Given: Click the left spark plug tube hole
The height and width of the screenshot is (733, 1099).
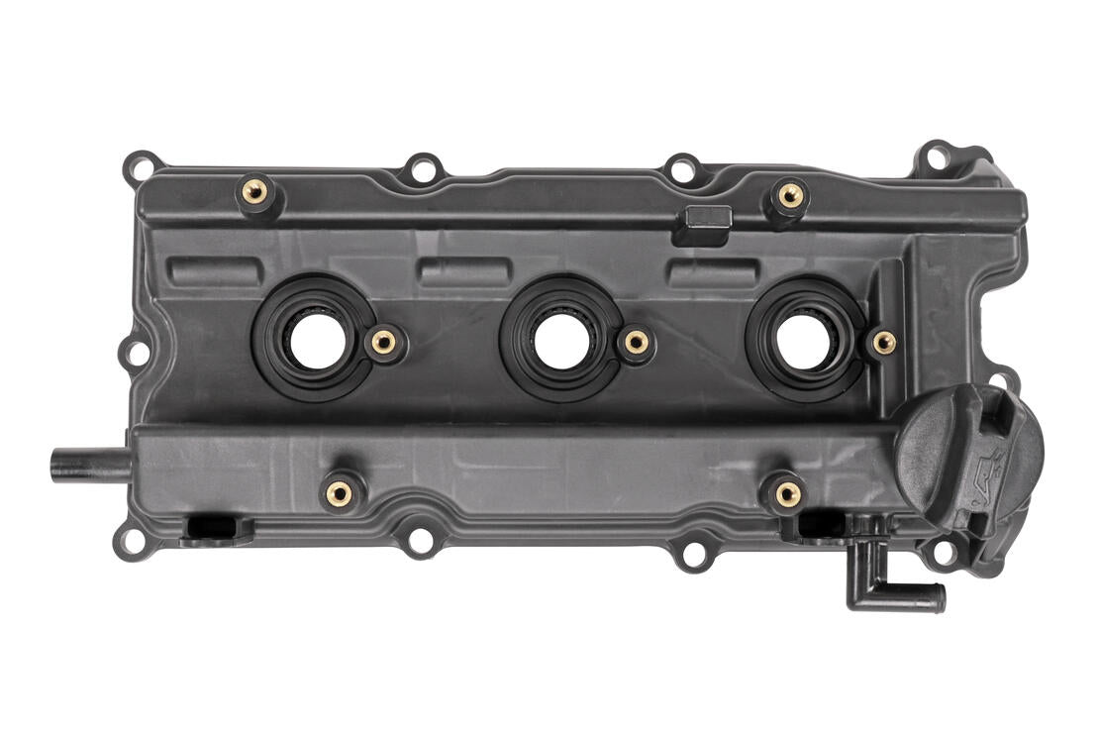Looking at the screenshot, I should (315, 340).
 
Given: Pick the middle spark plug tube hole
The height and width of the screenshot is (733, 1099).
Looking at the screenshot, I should (562, 340).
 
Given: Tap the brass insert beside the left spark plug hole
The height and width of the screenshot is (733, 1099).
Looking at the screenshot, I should (383, 343).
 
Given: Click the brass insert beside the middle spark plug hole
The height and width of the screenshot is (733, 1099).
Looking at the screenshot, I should (635, 343).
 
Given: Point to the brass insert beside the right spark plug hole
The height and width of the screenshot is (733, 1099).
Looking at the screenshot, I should (884, 343).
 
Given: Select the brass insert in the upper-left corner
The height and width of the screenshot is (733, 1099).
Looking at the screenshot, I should (254, 191).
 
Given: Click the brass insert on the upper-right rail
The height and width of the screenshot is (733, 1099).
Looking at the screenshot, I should (790, 195).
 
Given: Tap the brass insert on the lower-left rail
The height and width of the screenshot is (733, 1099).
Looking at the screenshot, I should (339, 491).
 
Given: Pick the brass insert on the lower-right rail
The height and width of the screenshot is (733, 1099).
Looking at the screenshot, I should (787, 492).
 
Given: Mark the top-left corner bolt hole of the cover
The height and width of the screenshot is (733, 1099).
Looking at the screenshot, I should (140, 166).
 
